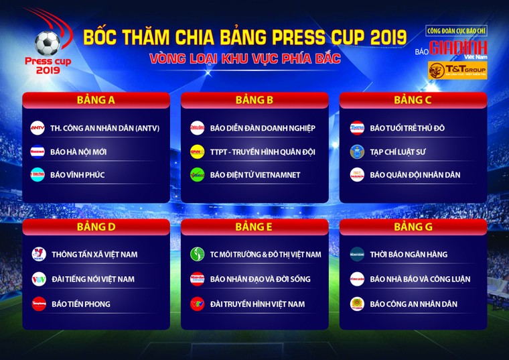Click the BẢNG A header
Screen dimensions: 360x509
pyautogui.click(x=96, y=101)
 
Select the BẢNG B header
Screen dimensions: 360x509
pyautogui.click(x=254, y=101)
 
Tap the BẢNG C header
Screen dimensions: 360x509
pyautogui.click(x=413, y=101)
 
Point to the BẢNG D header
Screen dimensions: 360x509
pyautogui.click(x=96, y=227)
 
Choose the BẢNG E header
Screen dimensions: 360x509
pyautogui.click(x=254, y=227)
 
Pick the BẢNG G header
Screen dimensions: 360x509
pyautogui.click(x=413, y=227)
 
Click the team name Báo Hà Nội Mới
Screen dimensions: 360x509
pyautogui.click(x=78, y=152)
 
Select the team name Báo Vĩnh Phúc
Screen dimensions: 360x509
pyautogui.click(x=77, y=175)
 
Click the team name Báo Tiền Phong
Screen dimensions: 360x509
pyautogui.click(x=80, y=304)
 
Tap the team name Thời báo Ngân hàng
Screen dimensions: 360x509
pyautogui.click(x=409, y=254)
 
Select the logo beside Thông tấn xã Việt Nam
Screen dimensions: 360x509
pyautogui.click(x=39, y=254)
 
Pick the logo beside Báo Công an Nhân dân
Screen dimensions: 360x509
pyautogui.click(x=357, y=304)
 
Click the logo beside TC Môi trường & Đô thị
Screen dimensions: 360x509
pyautogui.click(x=197, y=254)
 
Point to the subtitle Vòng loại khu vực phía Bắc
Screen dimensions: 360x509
pyautogui.click(x=245, y=58)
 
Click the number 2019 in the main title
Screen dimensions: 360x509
pyautogui.click(x=380, y=37)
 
